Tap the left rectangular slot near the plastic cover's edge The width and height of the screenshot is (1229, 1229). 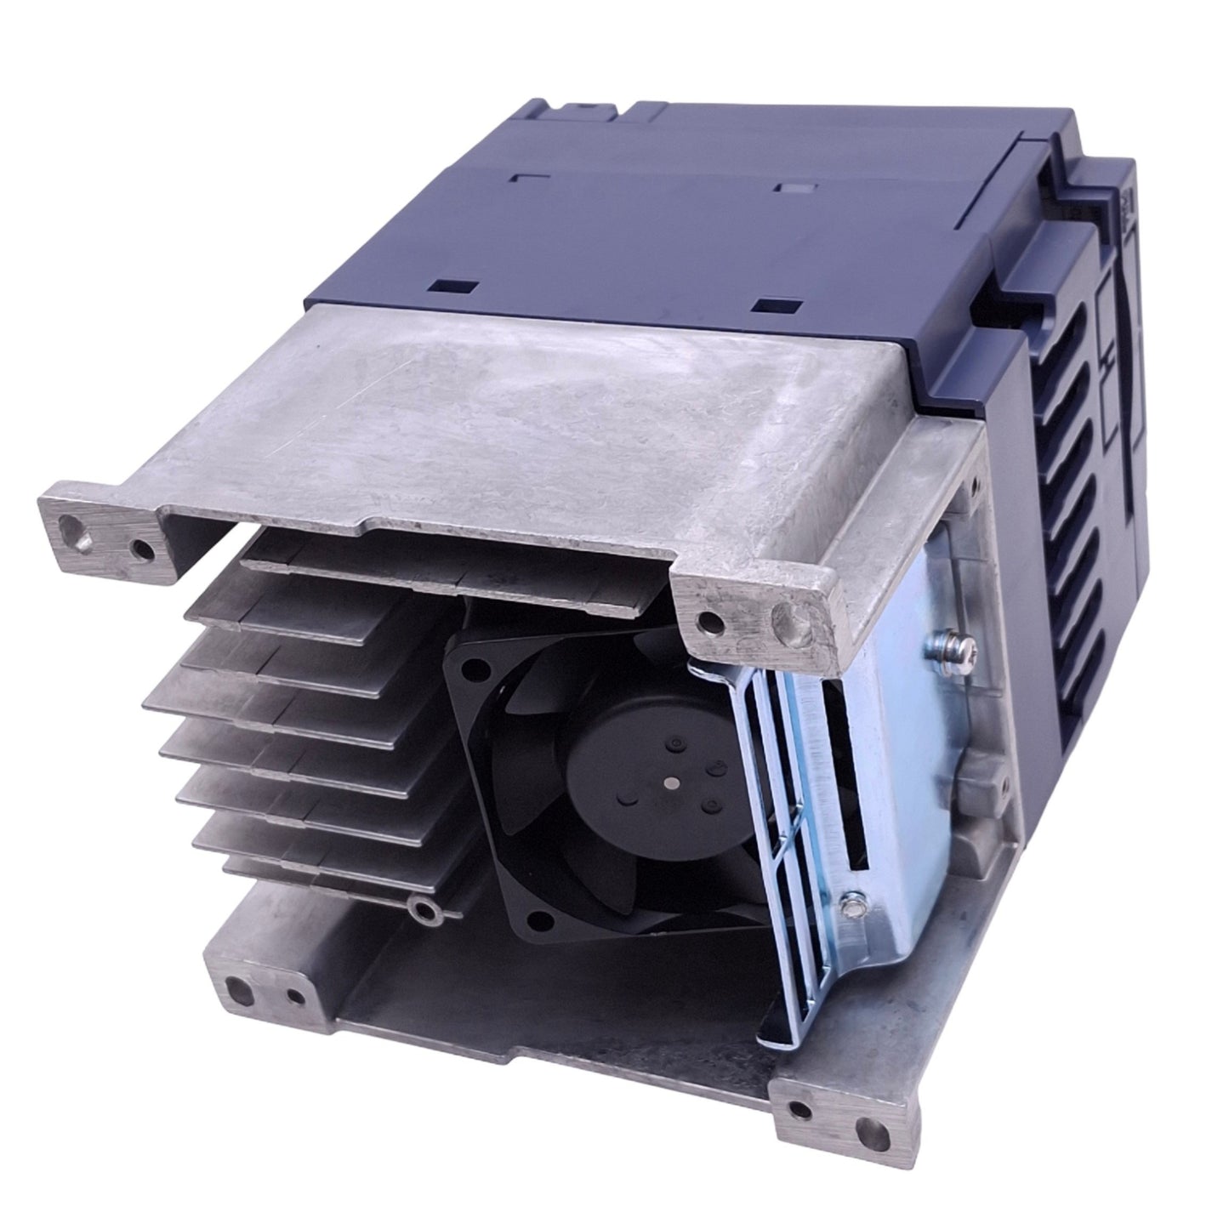tap(448, 287)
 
